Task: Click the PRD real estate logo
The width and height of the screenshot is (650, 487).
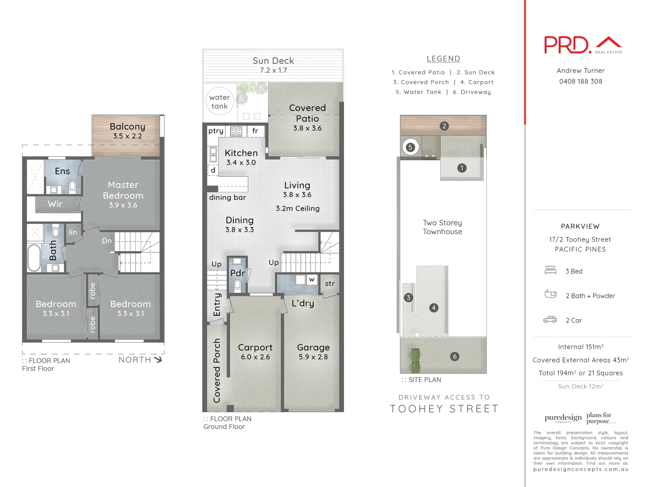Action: click(582, 45)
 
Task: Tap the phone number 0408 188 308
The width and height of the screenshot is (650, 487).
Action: click(580, 82)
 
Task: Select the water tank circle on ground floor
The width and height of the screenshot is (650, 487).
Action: click(219, 101)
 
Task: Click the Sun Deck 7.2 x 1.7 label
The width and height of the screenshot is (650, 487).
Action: click(273, 65)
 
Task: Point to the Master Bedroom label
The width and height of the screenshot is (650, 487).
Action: click(123, 194)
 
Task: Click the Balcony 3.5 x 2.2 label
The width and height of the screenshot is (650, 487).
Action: click(127, 131)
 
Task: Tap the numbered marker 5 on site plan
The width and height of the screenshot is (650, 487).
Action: click(410, 147)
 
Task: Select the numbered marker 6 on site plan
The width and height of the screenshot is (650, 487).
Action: click(455, 356)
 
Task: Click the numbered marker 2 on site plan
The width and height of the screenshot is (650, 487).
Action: click(444, 126)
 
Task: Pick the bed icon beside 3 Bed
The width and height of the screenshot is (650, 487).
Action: click(550, 271)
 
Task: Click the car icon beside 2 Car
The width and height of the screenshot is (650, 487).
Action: click(550, 320)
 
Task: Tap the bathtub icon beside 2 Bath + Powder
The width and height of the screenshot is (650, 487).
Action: click(550, 294)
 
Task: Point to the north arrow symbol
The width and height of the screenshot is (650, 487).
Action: click(158, 359)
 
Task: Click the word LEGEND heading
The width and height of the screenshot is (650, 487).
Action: click(443, 59)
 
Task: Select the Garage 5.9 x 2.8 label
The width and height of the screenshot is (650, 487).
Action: click(313, 352)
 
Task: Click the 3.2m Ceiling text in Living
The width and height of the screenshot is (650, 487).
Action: click(297, 208)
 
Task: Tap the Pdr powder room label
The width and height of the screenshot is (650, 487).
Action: click(237, 273)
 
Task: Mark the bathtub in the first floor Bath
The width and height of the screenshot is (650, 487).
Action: click(34, 257)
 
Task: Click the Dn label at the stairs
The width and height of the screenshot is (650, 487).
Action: click(107, 241)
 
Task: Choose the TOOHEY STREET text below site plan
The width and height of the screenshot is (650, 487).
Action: click(444, 409)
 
